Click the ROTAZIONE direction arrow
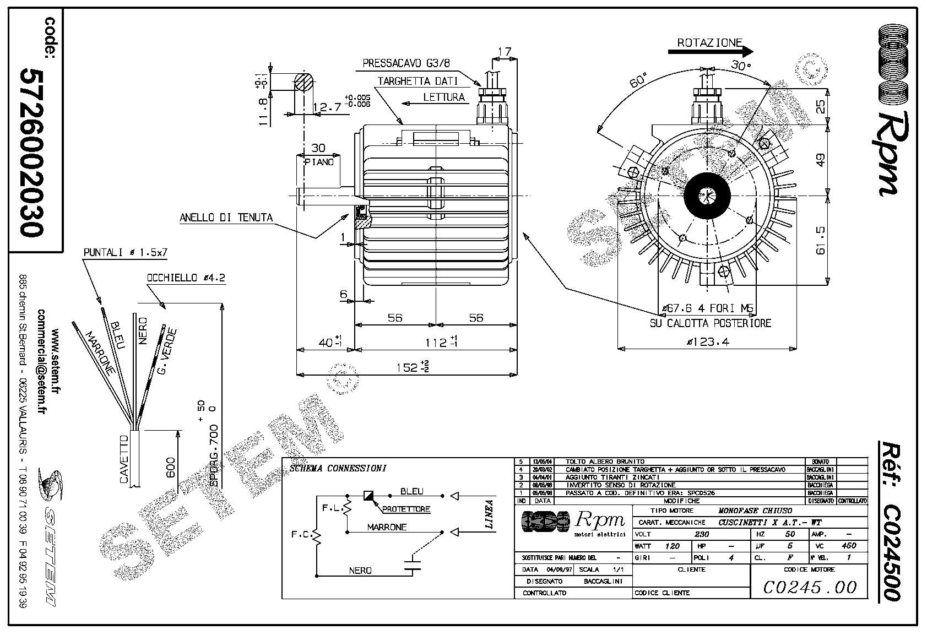tap(710, 51)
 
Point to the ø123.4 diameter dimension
tap(708, 342)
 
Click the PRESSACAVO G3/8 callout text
tap(406, 63)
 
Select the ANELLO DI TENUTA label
tap(226, 218)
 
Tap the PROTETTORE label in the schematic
tap(406, 509)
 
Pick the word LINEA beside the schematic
tap(489, 514)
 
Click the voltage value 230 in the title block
tap(702, 534)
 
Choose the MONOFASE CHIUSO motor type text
tap(755, 511)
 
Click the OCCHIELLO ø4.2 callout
tap(186, 278)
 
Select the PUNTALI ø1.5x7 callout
tap(125, 253)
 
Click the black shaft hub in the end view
tap(707, 195)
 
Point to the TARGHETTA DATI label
tap(418, 81)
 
